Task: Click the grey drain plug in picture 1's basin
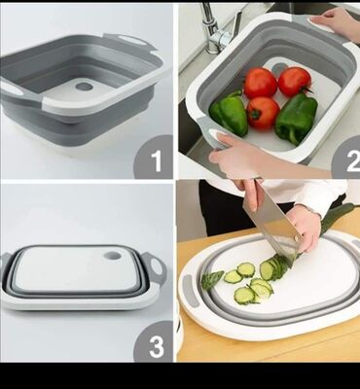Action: pos(84,87)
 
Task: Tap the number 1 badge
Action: pos(153,157)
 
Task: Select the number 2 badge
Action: pos(345,158)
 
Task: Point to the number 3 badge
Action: pos(154,341)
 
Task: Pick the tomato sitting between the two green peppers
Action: pos(263,113)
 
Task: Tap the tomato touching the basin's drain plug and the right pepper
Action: pos(295,82)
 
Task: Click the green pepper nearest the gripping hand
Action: pos(229,113)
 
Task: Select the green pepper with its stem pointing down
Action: pos(296,119)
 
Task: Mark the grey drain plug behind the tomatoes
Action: pos(278,68)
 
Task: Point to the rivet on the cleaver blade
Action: pos(296,238)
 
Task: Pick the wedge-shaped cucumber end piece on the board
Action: pos(212,279)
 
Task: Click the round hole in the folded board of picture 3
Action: pos(113,256)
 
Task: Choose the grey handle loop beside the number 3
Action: pos(156,267)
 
